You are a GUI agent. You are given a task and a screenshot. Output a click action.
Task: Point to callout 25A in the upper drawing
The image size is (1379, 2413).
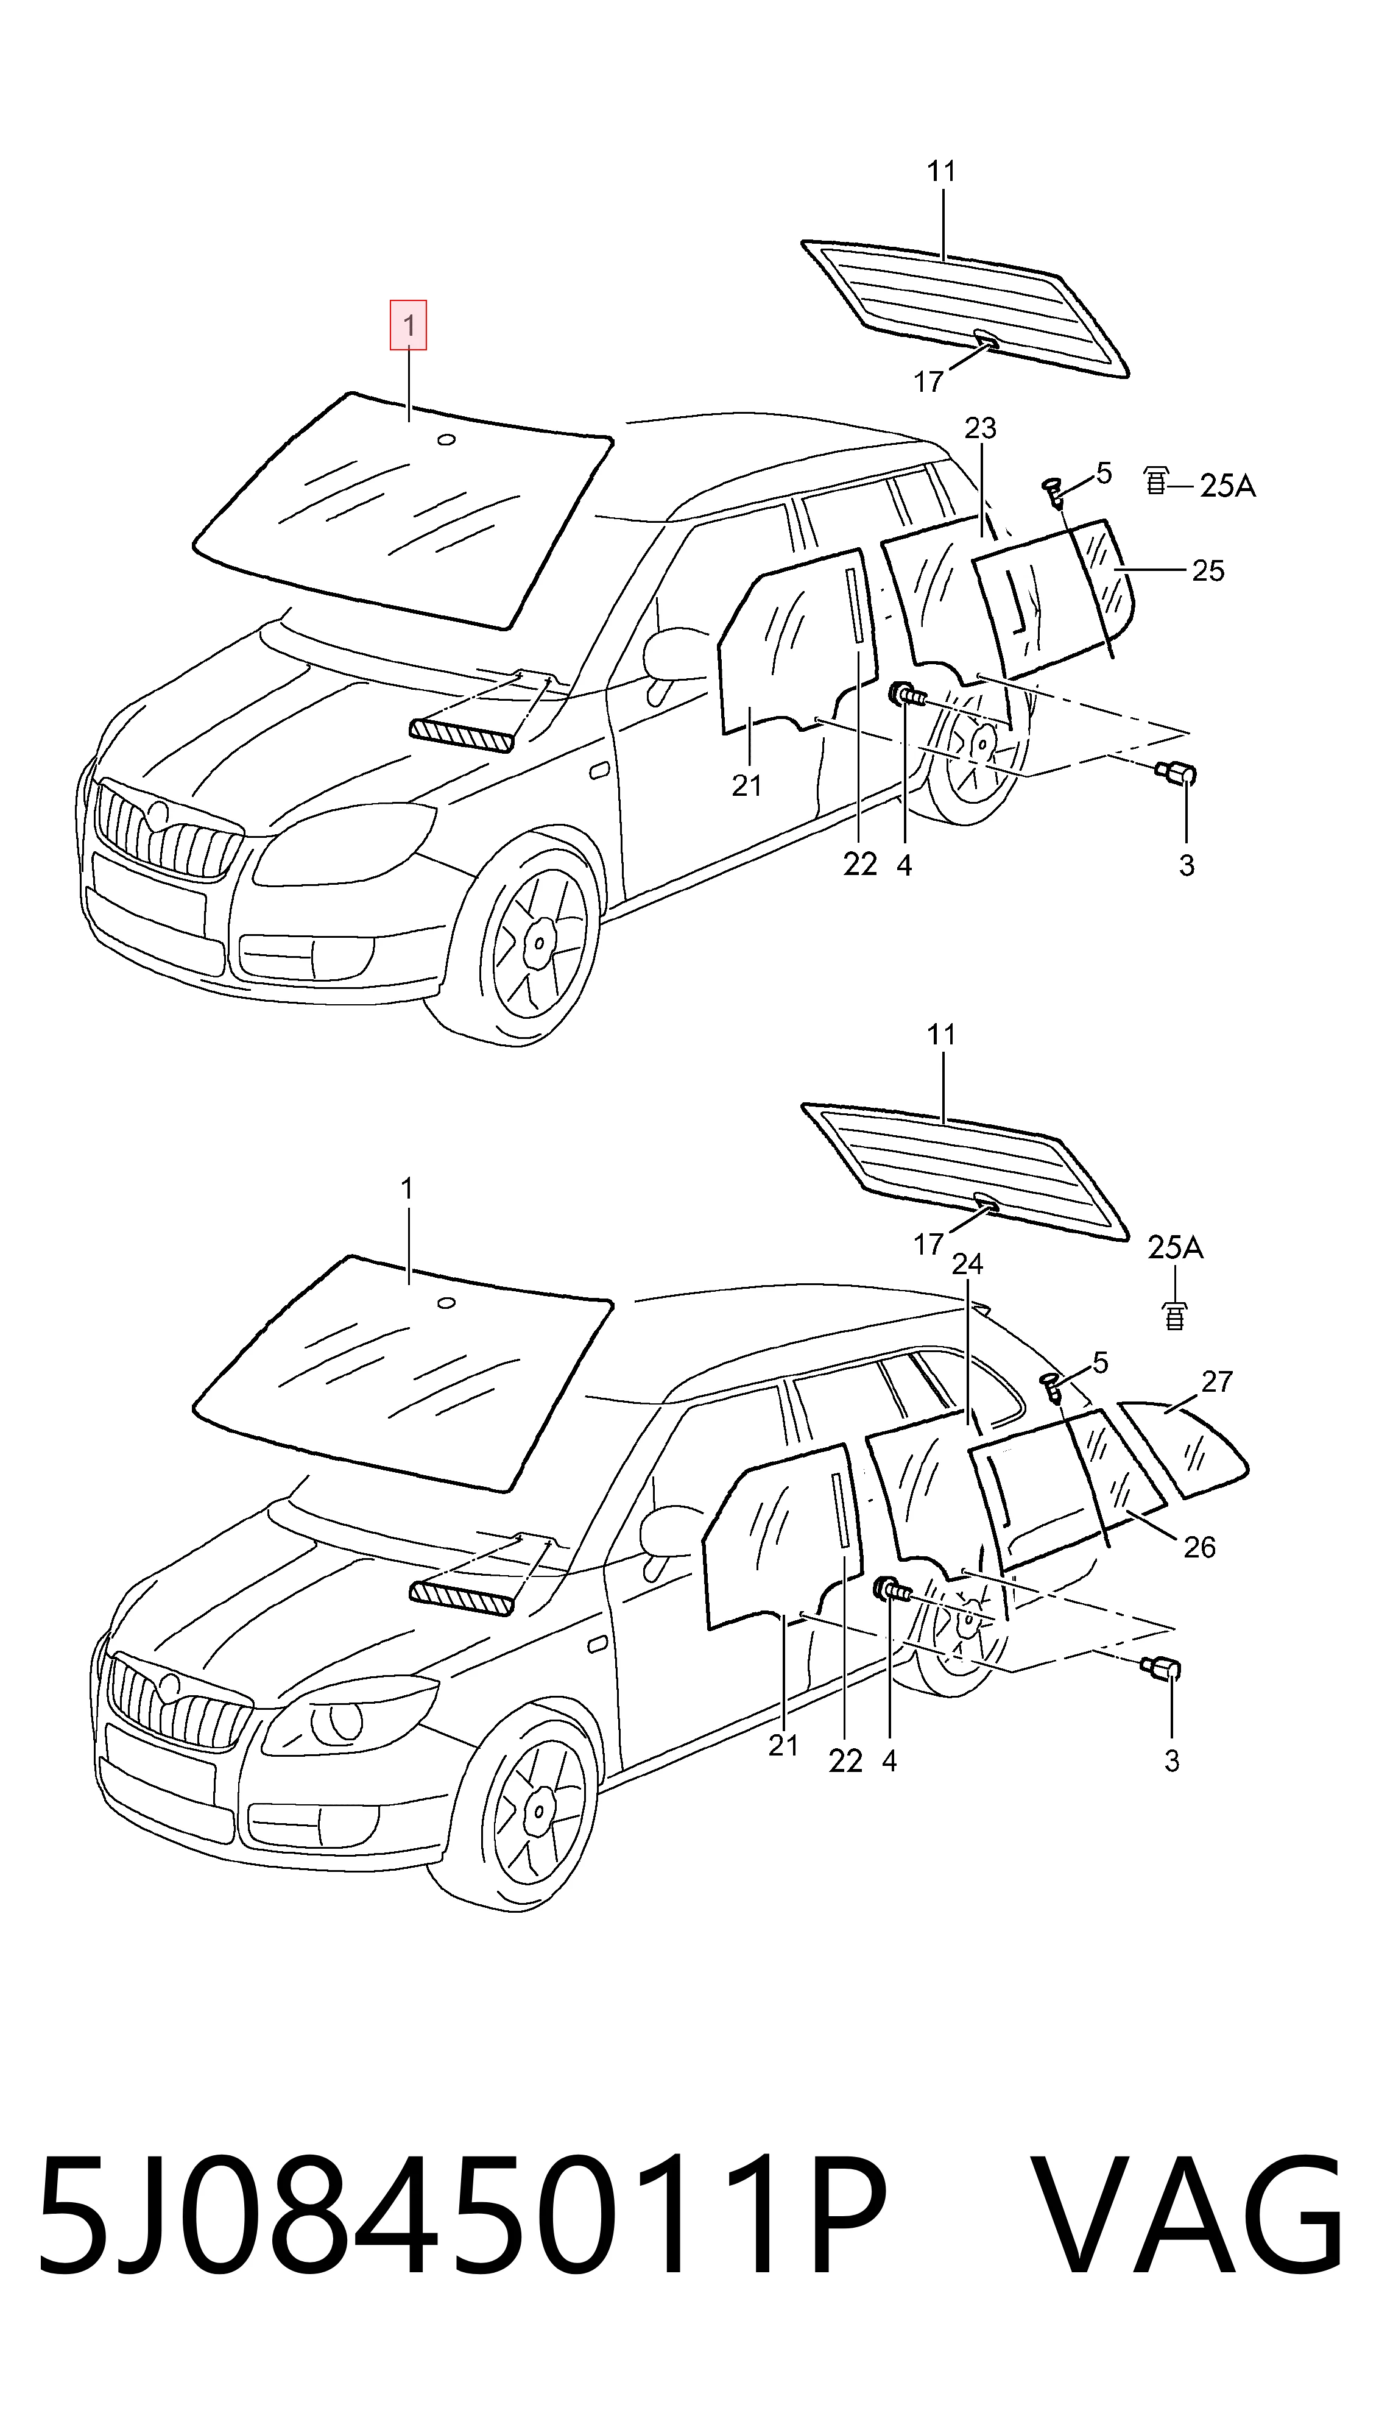click(1227, 486)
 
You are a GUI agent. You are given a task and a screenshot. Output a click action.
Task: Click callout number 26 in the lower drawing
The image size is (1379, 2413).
click(1199, 1548)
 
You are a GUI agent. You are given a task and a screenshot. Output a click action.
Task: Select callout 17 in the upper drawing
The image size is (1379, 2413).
click(928, 382)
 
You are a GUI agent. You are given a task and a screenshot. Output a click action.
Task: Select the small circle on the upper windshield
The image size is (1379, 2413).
click(446, 439)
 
